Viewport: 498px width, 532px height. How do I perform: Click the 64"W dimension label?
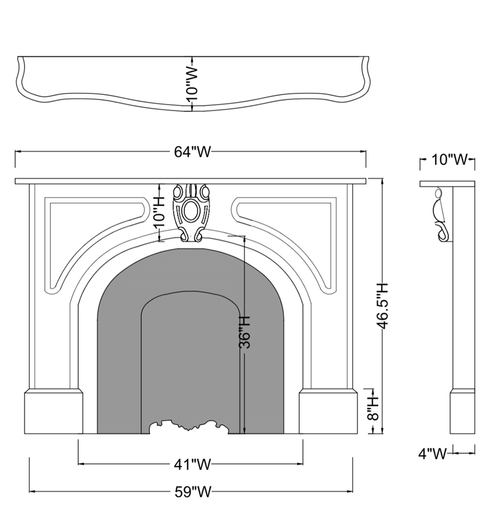point(192,152)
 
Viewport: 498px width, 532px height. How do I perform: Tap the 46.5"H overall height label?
point(382,306)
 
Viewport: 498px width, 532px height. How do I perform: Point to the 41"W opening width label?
point(192,464)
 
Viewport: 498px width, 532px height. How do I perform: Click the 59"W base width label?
point(193,491)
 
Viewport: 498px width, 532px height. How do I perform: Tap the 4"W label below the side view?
point(432,453)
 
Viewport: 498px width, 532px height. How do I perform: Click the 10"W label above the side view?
point(449,159)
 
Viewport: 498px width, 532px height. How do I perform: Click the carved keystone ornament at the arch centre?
point(191,212)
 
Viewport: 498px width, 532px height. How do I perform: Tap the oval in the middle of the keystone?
point(191,210)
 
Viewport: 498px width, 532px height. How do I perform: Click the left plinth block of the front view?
point(53,412)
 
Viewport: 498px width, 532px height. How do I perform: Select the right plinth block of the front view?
point(328,412)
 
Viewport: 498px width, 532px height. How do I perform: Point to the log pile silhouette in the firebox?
point(190,427)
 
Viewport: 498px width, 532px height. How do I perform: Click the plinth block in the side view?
point(462,412)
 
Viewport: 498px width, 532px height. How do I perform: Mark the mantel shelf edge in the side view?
point(447,184)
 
